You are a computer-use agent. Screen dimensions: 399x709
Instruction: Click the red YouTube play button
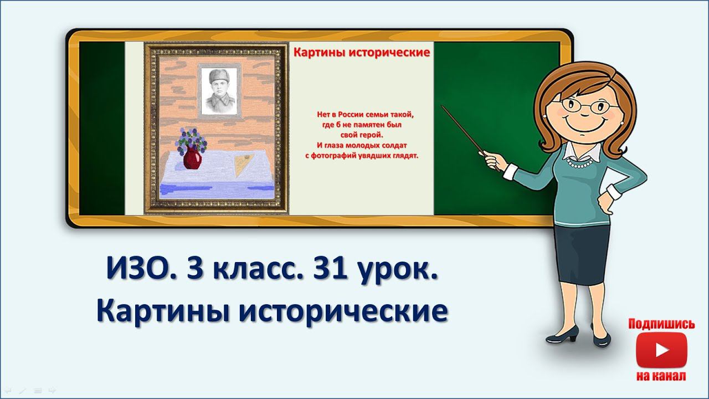pyautogui.click(x=661, y=350)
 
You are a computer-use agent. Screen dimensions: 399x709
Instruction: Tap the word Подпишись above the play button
pyautogui.click(x=661, y=324)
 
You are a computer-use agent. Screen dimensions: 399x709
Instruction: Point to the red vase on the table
pyautogui.click(x=192, y=158)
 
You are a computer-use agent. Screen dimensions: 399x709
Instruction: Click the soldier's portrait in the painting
pyautogui.click(x=219, y=92)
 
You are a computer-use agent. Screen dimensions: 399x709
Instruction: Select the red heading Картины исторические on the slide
pyautogui.click(x=361, y=53)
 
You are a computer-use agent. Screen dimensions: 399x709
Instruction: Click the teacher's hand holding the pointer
pyautogui.click(x=492, y=161)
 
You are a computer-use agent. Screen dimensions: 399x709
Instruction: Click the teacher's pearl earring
pyautogui.click(x=621, y=121)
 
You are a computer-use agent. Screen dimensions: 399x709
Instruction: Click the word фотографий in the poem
pyautogui.click(x=340, y=156)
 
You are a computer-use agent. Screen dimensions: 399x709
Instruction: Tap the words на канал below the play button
pyautogui.click(x=661, y=376)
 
